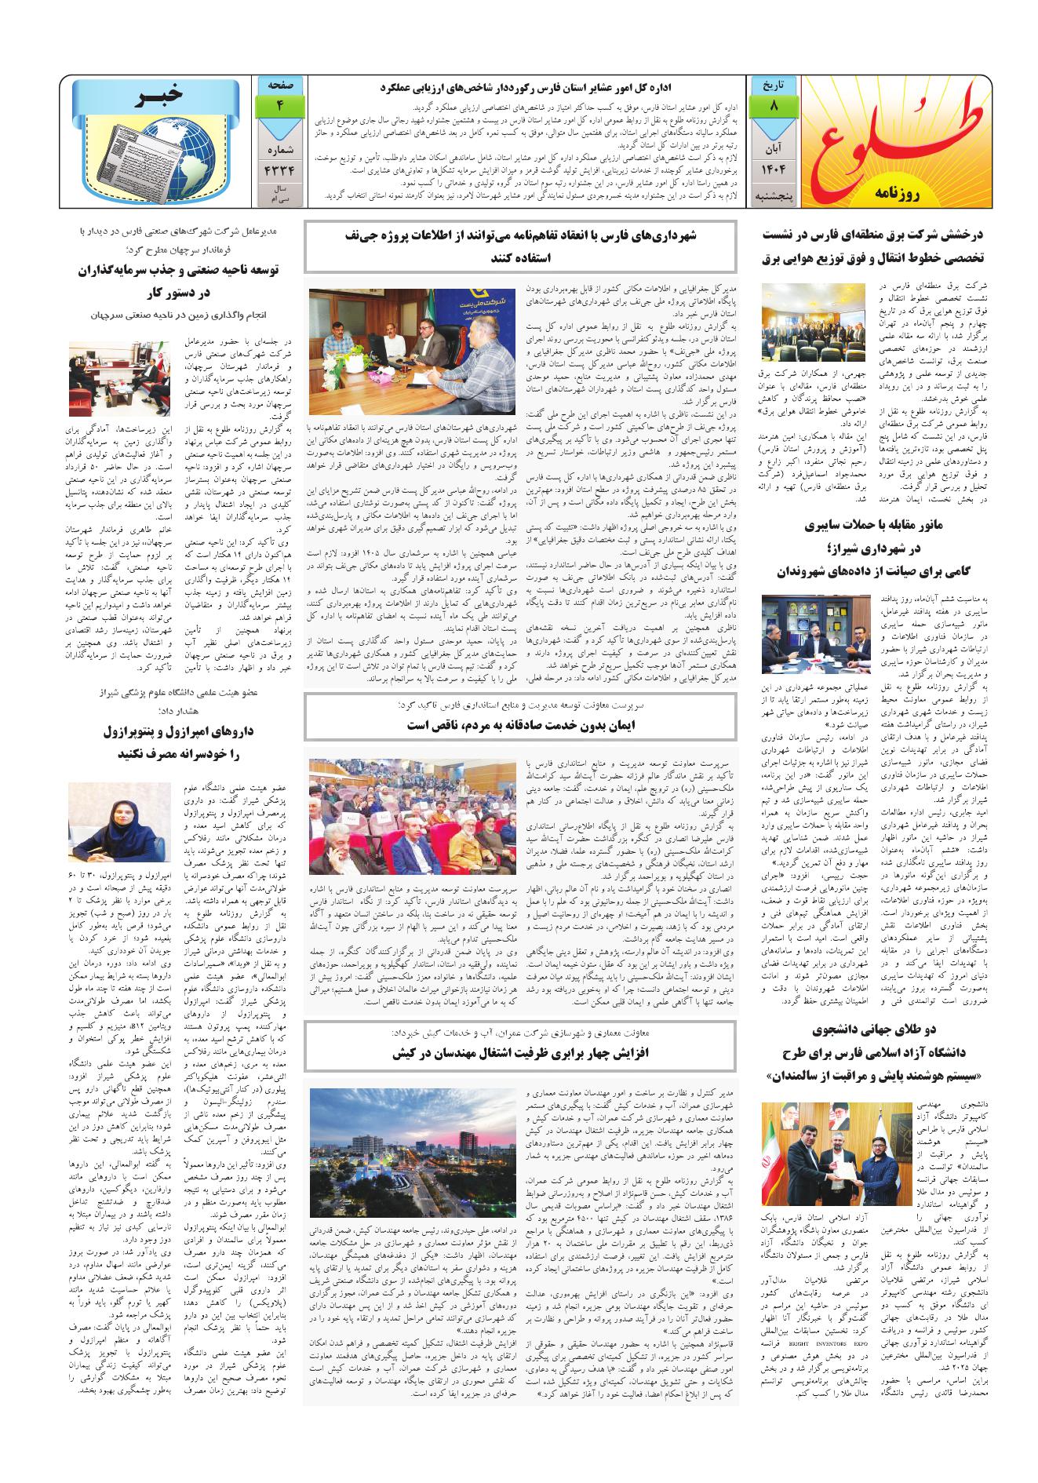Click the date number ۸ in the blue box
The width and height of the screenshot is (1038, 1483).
point(774,105)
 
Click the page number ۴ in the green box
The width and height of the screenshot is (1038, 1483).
point(279,105)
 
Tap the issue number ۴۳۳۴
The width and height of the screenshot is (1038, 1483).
point(279,168)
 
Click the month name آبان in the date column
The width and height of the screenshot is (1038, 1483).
point(774,147)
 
